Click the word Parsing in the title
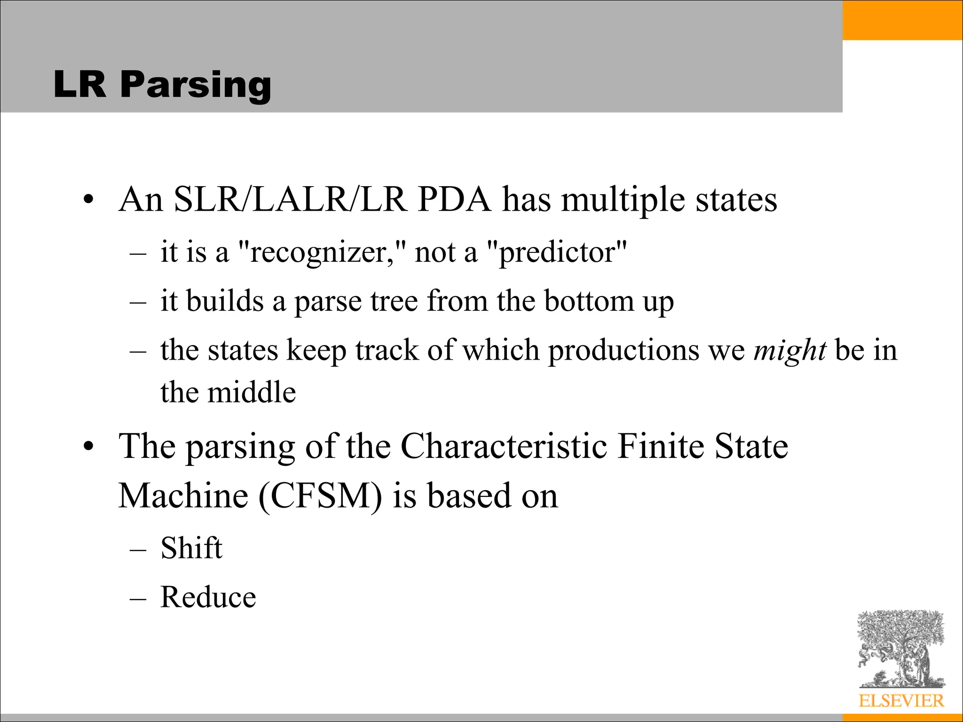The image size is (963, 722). [196, 85]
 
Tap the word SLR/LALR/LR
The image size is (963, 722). [290, 200]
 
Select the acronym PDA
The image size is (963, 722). [454, 200]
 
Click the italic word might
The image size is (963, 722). [790, 350]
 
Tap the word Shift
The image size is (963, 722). [191, 548]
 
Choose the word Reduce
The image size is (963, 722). [208, 597]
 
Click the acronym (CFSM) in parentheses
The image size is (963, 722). [320, 496]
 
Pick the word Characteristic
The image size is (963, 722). [504, 446]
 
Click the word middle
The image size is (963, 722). [252, 392]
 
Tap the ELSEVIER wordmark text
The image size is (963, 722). [901, 701]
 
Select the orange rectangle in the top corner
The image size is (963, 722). [902, 20]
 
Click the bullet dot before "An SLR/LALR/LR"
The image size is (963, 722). [87, 201]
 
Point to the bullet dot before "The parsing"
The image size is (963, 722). [87, 447]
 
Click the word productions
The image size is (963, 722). [624, 350]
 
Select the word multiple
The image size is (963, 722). [623, 200]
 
